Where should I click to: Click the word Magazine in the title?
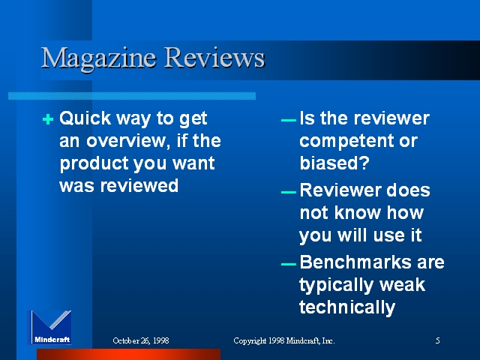[98, 59]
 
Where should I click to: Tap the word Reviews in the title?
[214, 57]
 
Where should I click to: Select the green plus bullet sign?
[48, 119]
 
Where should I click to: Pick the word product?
[94, 163]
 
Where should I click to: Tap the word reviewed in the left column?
[139, 185]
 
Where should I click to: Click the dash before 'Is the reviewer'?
[288, 120]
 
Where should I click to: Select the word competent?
[348, 142]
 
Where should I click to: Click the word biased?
[334, 163]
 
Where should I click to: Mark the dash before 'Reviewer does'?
[288, 193]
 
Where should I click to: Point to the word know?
[358, 212]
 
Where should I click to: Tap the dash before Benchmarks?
[288, 264]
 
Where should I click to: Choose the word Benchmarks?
[355, 262]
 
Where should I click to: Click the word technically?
[347, 307]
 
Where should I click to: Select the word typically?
[337, 285]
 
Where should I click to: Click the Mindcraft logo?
[50, 327]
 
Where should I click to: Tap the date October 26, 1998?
[141, 340]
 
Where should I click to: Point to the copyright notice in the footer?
[284, 340]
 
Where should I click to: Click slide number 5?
[438, 340]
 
